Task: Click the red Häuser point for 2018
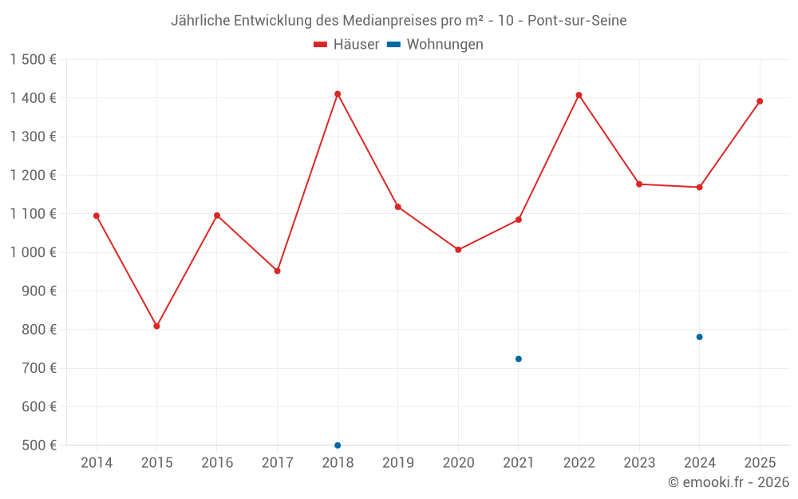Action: point(338,94)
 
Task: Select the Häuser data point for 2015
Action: point(156,326)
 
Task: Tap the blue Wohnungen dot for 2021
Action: point(519,359)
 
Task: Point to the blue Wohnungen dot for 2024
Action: point(699,337)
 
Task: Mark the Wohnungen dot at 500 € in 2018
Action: point(338,446)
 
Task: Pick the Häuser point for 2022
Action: point(579,95)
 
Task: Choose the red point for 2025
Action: point(760,101)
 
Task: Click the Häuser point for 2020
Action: point(458,250)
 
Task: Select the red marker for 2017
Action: point(277,271)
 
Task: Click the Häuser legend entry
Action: point(346,45)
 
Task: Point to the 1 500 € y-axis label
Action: point(34,60)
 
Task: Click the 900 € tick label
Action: point(38,291)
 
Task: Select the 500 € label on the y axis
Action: point(38,446)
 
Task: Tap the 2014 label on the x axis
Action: point(97,463)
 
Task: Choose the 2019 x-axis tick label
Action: point(398,463)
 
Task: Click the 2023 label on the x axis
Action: point(639,463)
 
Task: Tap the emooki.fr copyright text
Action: point(729,482)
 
